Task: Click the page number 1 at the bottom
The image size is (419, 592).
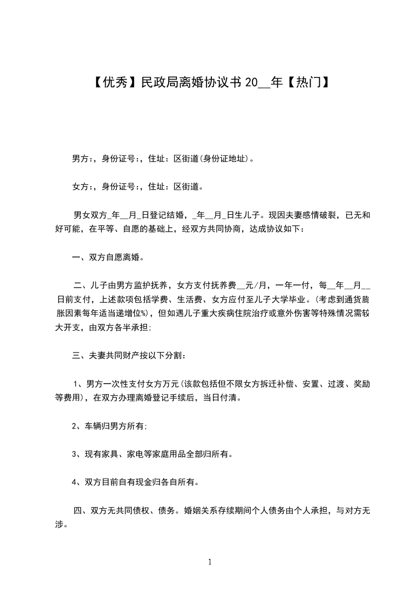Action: [210, 562]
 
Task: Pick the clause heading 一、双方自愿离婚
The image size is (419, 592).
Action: [108, 258]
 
